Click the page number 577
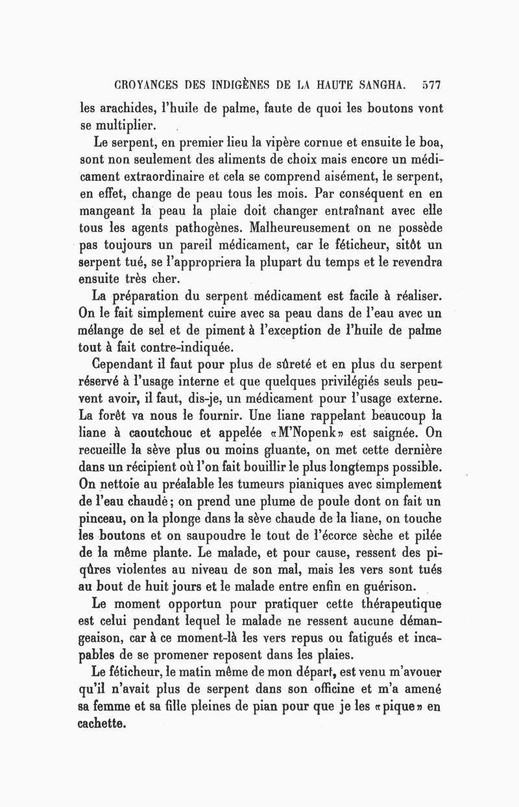(430, 85)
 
